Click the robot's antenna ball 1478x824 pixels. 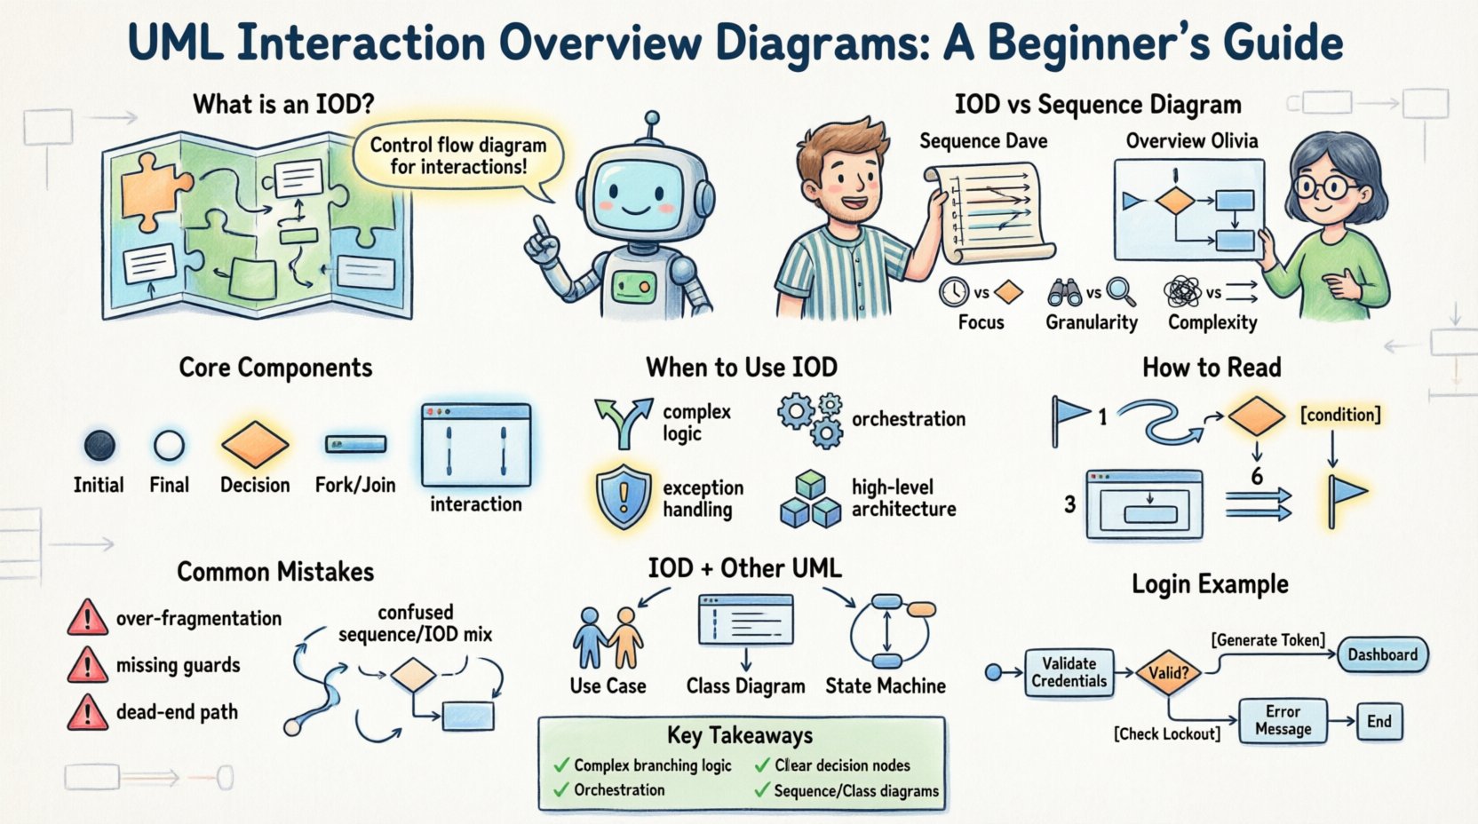(652, 117)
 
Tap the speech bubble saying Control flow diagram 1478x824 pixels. (458, 156)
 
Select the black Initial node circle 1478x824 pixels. (99, 445)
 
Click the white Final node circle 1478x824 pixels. (169, 445)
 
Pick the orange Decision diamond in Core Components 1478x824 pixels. (255, 444)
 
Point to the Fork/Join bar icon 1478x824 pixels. (355, 444)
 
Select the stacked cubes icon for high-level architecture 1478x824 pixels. (810, 500)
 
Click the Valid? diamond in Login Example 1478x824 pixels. (1168, 673)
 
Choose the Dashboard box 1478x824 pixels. (1382, 655)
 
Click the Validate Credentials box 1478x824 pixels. (1069, 673)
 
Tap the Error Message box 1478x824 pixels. (1283, 720)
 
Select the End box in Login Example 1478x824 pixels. (1379, 721)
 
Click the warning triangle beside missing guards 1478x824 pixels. (87, 666)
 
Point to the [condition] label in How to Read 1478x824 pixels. (1340, 415)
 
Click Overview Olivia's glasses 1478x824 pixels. (1324, 188)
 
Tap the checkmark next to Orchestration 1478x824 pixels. (561, 790)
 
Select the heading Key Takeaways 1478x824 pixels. (740, 735)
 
